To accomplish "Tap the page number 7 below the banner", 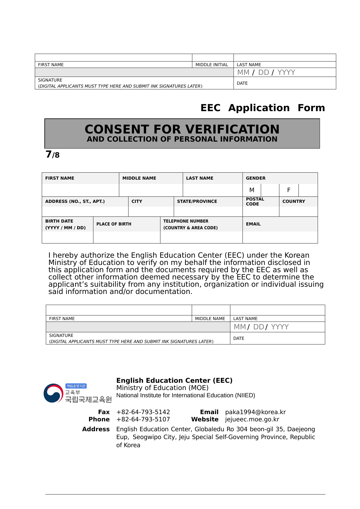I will pos(48,154).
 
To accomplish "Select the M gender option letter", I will pos(252,190).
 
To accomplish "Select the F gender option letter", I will pos(289,190).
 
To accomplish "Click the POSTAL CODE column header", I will pos(255,201).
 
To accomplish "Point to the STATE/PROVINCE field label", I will pos(197,201).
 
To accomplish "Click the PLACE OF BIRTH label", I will pos(114,224).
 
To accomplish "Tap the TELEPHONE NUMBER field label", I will pos(186,221).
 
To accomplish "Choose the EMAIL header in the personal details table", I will pos(253,224).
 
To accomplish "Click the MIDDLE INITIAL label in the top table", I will pos(212,65).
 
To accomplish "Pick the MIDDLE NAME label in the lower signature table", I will pos(210,319).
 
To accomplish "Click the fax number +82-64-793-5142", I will pos(143,412).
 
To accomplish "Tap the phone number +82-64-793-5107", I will pos(143,419).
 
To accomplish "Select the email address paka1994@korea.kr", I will pos(256,412).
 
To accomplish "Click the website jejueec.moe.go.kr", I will pos(252,419).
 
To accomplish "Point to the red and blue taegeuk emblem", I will pos(53,393).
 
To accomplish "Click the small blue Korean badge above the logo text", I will pos(76,386).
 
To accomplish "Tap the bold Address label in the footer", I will pos(96,429).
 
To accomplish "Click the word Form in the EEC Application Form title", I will pos(311,108).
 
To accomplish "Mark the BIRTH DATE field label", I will pos(59,221).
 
